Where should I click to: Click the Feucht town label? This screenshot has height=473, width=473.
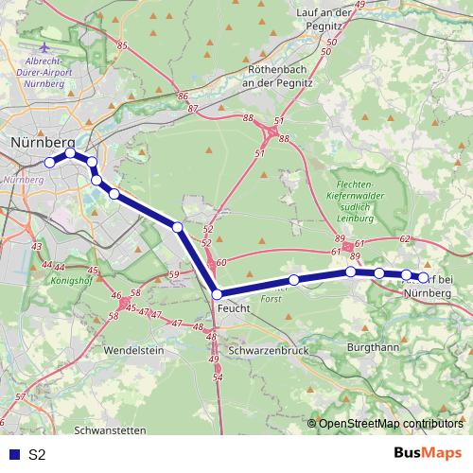[x=234, y=308]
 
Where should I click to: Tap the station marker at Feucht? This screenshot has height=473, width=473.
[x=217, y=294]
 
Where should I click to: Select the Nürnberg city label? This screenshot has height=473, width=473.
[x=44, y=143]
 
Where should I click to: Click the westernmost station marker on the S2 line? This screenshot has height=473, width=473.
[x=50, y=162]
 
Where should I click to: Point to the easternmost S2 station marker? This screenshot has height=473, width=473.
[x=424, y=277]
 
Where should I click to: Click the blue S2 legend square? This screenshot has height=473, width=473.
[x=13, y=455]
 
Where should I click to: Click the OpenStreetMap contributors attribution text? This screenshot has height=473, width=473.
[x=390, y=423]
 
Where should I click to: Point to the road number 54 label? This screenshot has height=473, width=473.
[x=219, y=377]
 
